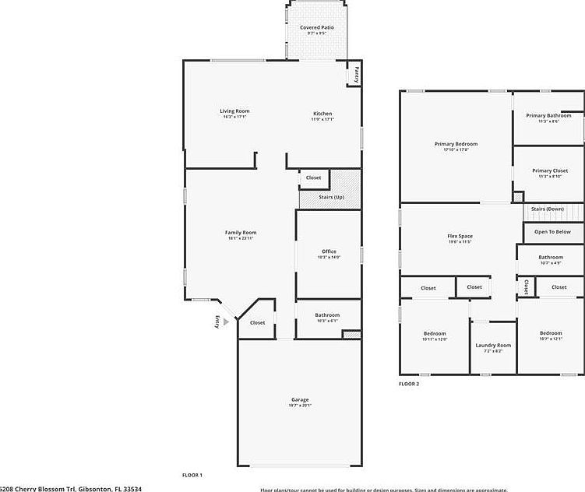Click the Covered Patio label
[316, 27]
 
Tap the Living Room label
[234, 111]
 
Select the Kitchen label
[322, 111]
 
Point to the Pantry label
[355, 74]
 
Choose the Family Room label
[241, 232]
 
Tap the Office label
[329, 251]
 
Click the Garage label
[300, 399]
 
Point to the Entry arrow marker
[226, 321]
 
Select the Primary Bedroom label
[456, 144]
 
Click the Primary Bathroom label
[548, 115]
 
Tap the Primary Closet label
[550, 170]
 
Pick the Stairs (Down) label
[547, 209]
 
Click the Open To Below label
[552, 231]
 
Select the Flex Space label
[460, 236]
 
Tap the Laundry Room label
[493, 345]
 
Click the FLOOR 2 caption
[409, 384]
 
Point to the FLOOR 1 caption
[192, 475]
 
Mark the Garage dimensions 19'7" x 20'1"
[300, 406]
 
